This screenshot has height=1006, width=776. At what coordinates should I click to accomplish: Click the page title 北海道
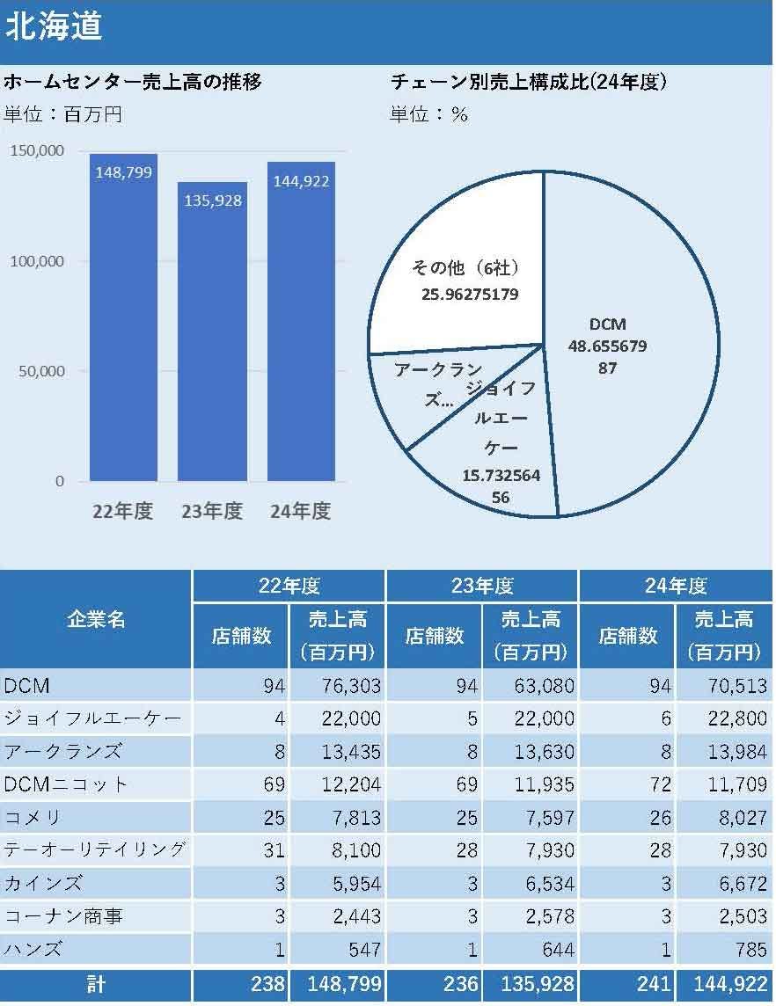coord(55,26)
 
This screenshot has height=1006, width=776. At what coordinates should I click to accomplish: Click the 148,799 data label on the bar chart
coord(123,172)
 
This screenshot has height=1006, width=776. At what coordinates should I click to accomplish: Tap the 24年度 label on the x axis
coord(301,511)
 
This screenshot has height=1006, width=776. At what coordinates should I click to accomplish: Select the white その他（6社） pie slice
coord(458,264)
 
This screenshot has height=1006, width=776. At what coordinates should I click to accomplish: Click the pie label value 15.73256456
coord(501,486)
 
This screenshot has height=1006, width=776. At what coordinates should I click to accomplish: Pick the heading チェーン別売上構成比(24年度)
coord(529,83)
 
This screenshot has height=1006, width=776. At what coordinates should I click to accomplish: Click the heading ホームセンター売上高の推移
coord(133,83)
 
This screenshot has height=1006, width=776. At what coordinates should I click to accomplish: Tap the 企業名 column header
coord(96,619)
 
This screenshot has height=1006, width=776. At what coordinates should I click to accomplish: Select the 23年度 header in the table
coord(482,586)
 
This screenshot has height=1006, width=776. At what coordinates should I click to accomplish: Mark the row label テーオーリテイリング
coord(94,849)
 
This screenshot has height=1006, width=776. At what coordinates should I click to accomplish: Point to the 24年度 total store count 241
coord(652,984)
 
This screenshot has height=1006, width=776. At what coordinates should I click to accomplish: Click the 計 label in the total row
coord(96,984)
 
